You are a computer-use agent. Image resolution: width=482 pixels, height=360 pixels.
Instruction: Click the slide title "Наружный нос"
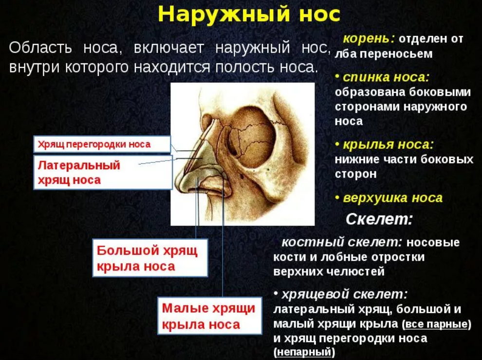[x=249, y=14]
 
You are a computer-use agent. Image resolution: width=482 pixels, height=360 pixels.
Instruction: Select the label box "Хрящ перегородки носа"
[x=102, y=144]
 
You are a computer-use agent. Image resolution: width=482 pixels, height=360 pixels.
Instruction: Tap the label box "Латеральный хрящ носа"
[x=103, y=172]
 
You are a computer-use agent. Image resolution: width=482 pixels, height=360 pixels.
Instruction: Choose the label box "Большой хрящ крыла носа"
[x=150, y=258]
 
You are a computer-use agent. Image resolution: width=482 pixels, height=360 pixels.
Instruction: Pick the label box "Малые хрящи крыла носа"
[x=209, y=315]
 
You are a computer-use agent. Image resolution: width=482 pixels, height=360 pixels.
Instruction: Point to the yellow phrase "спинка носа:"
[x=386, y=77]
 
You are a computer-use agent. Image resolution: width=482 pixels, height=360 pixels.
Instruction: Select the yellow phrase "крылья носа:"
[x=388, y=144]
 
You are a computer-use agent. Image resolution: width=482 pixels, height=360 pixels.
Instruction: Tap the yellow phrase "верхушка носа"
[x=392, y=198]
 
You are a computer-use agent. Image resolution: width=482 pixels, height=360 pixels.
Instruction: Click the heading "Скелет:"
[x=379, y=219]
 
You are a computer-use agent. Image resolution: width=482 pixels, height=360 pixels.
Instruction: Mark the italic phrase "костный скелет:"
[x=342, y=242]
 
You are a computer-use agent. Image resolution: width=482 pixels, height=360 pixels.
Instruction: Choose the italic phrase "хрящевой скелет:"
[x=345, y=295]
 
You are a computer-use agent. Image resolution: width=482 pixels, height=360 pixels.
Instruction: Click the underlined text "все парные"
[x=437, y=324]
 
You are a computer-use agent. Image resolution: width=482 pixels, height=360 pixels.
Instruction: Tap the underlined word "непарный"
[x=304, y=351]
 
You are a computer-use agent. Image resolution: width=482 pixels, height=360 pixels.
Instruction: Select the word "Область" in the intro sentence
[x=40, y=48]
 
